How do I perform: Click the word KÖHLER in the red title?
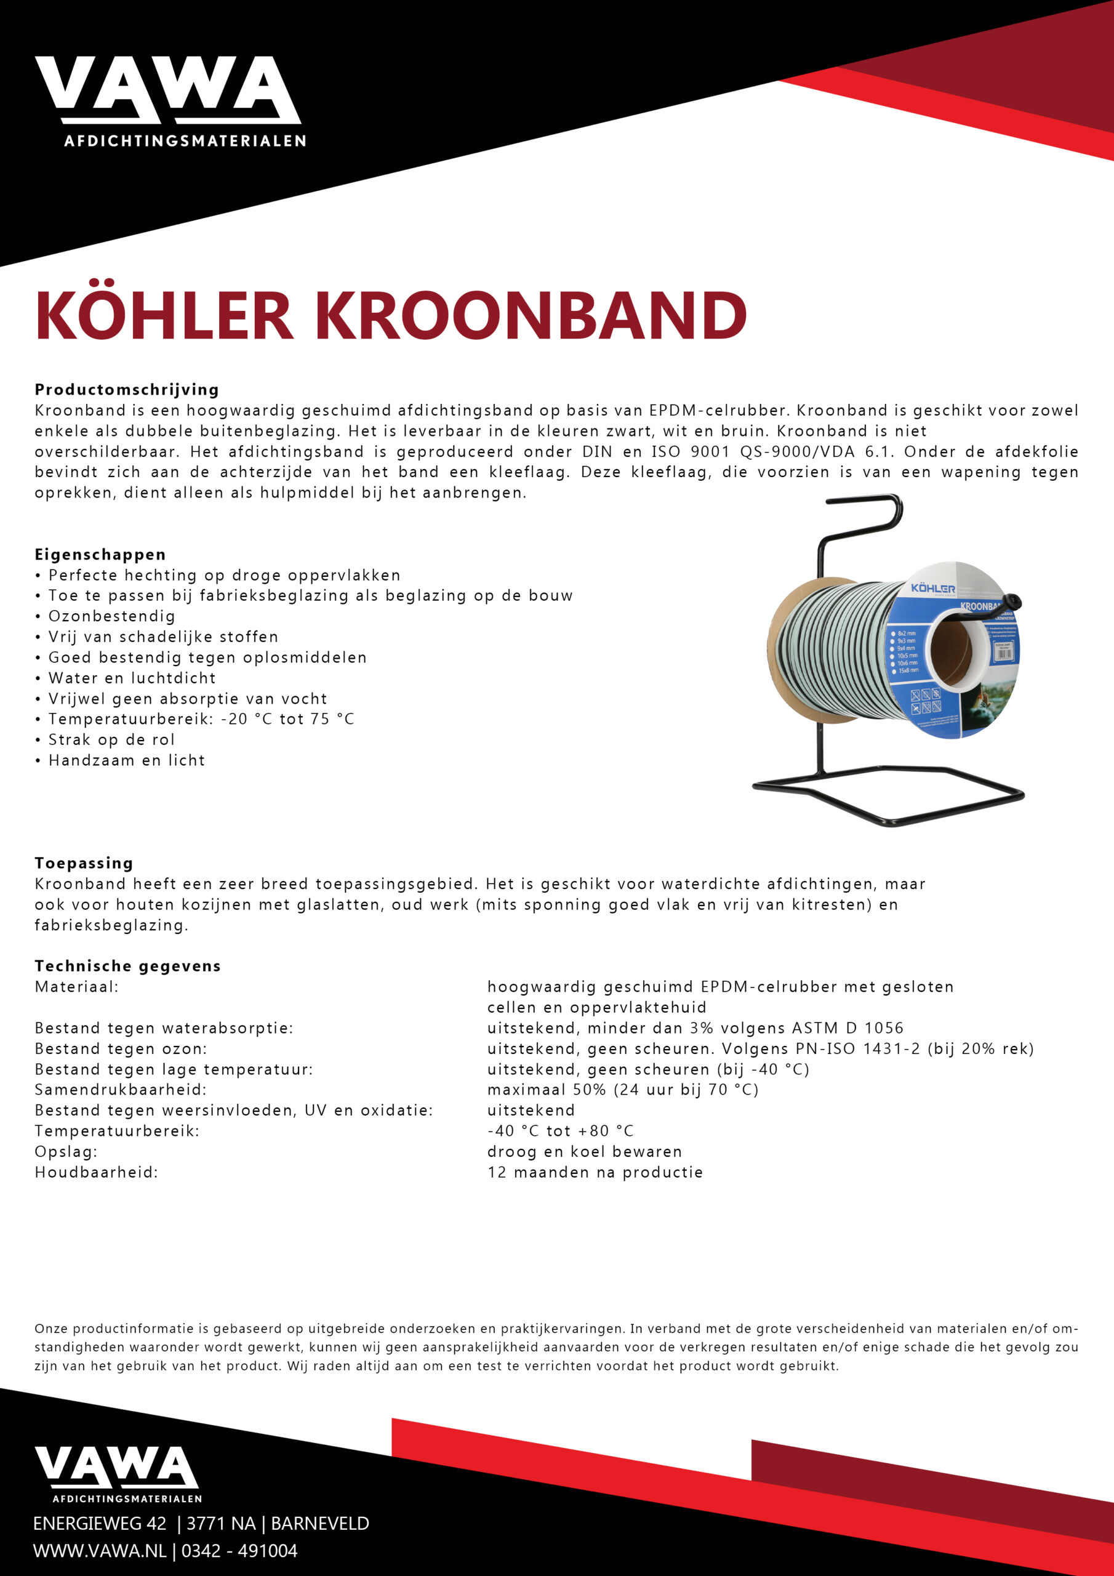pyautogui.click(x=165, y=316)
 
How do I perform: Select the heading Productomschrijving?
pyautogui.click(x=127, y=389)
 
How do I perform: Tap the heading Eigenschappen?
pyautogui.click(x=100, y=554)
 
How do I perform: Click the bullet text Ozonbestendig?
pyautogui.click(x=111, y=616)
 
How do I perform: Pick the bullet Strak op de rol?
pyautogui.click(x=111, y=739)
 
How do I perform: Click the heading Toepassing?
pyautogui.click(x=84, y=863)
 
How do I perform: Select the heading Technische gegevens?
pyautogui.click(x=127, y=966)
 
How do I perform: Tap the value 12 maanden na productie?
pyautogui.click(x=595, y=1172)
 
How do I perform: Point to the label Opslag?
pyautogui.click(x=66, y=1151)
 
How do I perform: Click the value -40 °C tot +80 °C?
pyautogui.click(x=560, y=1130)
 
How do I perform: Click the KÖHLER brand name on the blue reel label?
pyautogui.click(x=933, y=589)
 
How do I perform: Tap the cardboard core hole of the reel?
pyautogui.click(x=952, y=650)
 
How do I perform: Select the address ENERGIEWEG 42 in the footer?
pyautogui.click(x=100, y=1523)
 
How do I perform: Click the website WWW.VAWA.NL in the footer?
pyautogui.click(x=100, y=1551)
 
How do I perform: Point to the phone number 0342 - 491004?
pyautogui.click(x=239, y=1551)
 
